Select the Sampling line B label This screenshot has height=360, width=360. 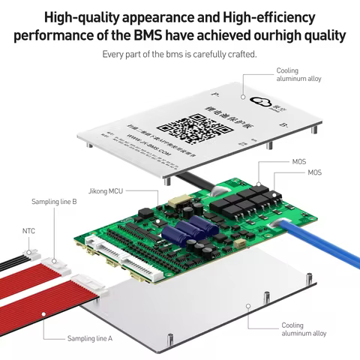point(54,202)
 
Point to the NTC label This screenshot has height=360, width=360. point(28,231)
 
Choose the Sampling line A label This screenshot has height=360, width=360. point(89,339)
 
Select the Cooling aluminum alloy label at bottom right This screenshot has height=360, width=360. point(304,329)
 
